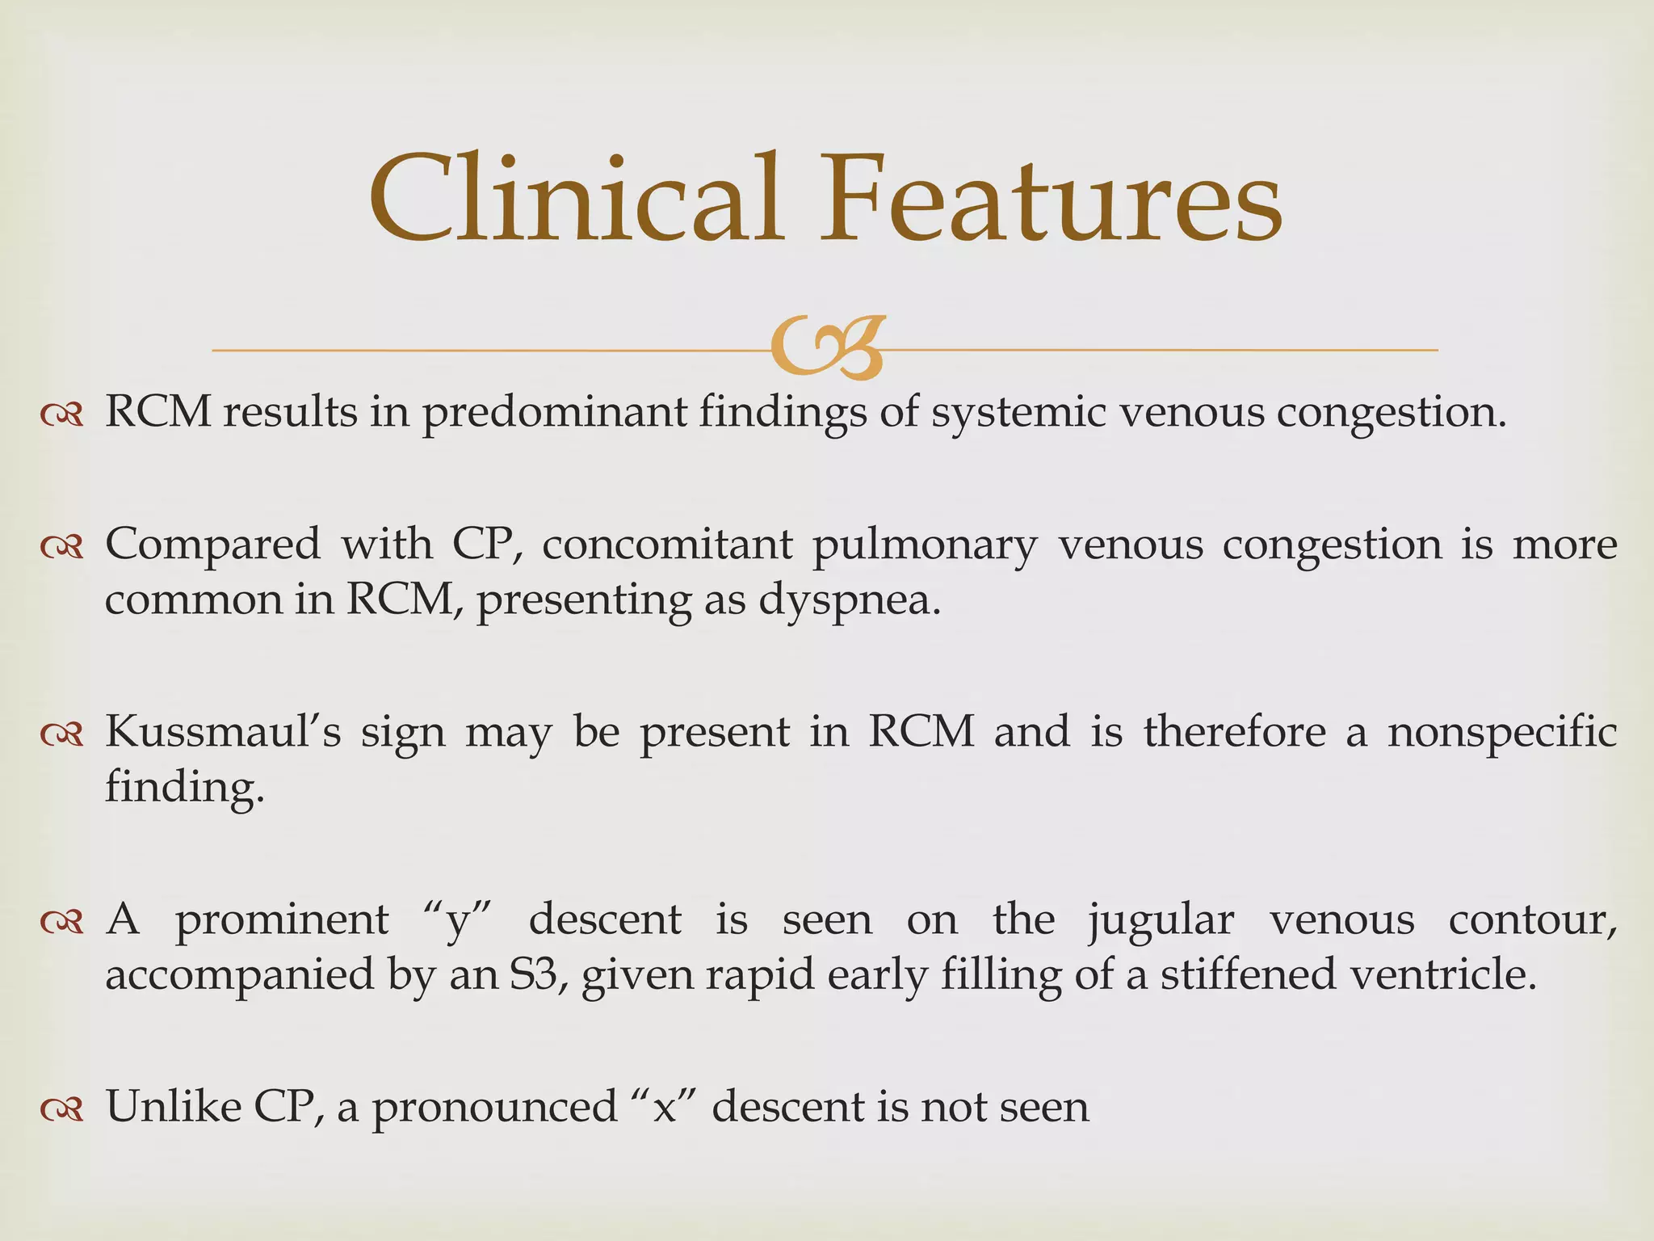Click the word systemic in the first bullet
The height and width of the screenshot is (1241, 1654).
1017,412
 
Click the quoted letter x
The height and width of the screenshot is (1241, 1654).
664,1107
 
